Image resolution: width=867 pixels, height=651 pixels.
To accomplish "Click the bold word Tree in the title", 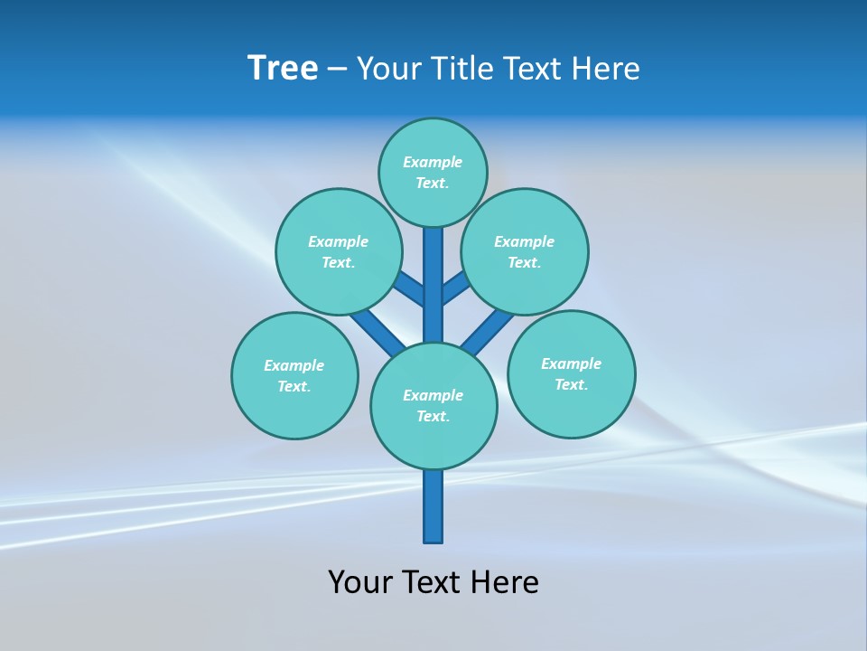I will pos(283,69).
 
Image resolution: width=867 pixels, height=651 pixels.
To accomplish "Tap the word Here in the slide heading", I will pos(606,69).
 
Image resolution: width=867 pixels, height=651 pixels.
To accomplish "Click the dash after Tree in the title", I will pos(338,70).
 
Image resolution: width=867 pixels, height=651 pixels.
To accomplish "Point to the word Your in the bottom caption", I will pos(361,582).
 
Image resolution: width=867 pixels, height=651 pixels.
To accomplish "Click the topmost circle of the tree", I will pos(433,172).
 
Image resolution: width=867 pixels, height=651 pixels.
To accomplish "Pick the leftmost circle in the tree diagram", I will pos(294,375).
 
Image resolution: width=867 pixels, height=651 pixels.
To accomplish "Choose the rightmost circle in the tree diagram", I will pos(571,373).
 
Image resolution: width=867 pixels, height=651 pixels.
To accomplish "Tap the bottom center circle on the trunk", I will pos(433,406).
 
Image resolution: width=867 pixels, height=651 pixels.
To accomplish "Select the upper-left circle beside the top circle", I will pos(338,251).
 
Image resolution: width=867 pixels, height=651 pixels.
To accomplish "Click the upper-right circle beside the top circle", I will pos(524,251).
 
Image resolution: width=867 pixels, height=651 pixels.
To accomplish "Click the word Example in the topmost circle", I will pos(433,162).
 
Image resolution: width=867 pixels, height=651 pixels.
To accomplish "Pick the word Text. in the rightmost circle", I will pos(571,384).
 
